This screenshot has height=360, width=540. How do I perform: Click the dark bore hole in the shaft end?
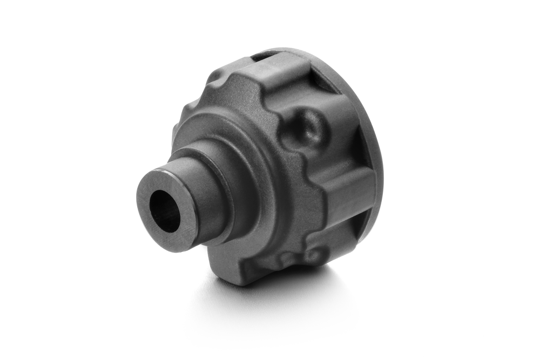(165, 211)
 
